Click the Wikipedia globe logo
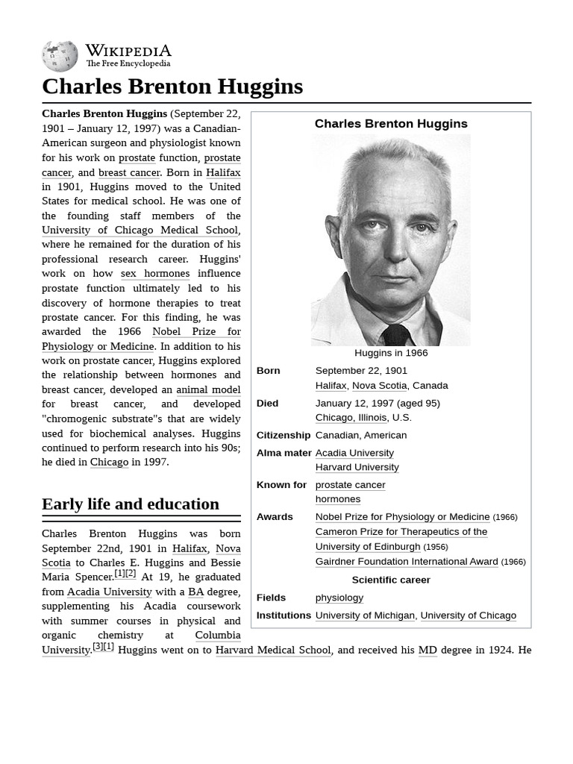[60, 56]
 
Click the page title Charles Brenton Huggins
[172, 87]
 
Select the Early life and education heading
[131, 504]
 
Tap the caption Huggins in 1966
[390, 353]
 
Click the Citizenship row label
[283, 435]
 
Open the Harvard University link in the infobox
[357, 467]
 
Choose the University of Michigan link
[365, 616]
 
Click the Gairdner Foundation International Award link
[407, 562]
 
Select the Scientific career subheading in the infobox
[390, 580]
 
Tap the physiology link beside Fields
[339, 598]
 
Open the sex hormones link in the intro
[155, 274]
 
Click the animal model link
[208, 389]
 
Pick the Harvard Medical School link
[273, 650]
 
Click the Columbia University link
[217, 636]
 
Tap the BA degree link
[195, 592]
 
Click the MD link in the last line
[428, 650]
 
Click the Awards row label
[275, 517]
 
